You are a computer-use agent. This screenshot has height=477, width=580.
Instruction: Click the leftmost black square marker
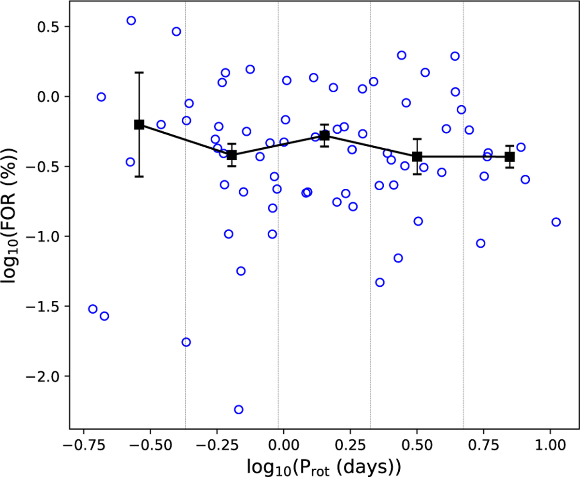tap(139, 125)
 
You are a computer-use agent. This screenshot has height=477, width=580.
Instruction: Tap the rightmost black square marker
tap(509, 156)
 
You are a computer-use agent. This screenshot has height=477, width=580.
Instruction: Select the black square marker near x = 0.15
tap(324, 136)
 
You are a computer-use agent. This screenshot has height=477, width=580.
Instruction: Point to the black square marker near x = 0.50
tap(417, 156)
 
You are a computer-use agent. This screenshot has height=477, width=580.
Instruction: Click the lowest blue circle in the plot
tap(238, 409)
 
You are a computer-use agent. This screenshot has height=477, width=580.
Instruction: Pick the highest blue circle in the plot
tap(131, 20)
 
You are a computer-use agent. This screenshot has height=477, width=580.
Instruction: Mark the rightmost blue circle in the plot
tap(556, 222)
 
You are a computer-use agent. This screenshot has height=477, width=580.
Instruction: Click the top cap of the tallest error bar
tap(139, 72)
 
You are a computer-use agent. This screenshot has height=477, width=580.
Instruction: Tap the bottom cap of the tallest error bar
tap(139, 177)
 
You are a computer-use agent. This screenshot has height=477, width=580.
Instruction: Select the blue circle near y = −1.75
tap(186, 342)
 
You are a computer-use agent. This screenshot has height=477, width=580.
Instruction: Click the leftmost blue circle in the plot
tap(93, 309)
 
